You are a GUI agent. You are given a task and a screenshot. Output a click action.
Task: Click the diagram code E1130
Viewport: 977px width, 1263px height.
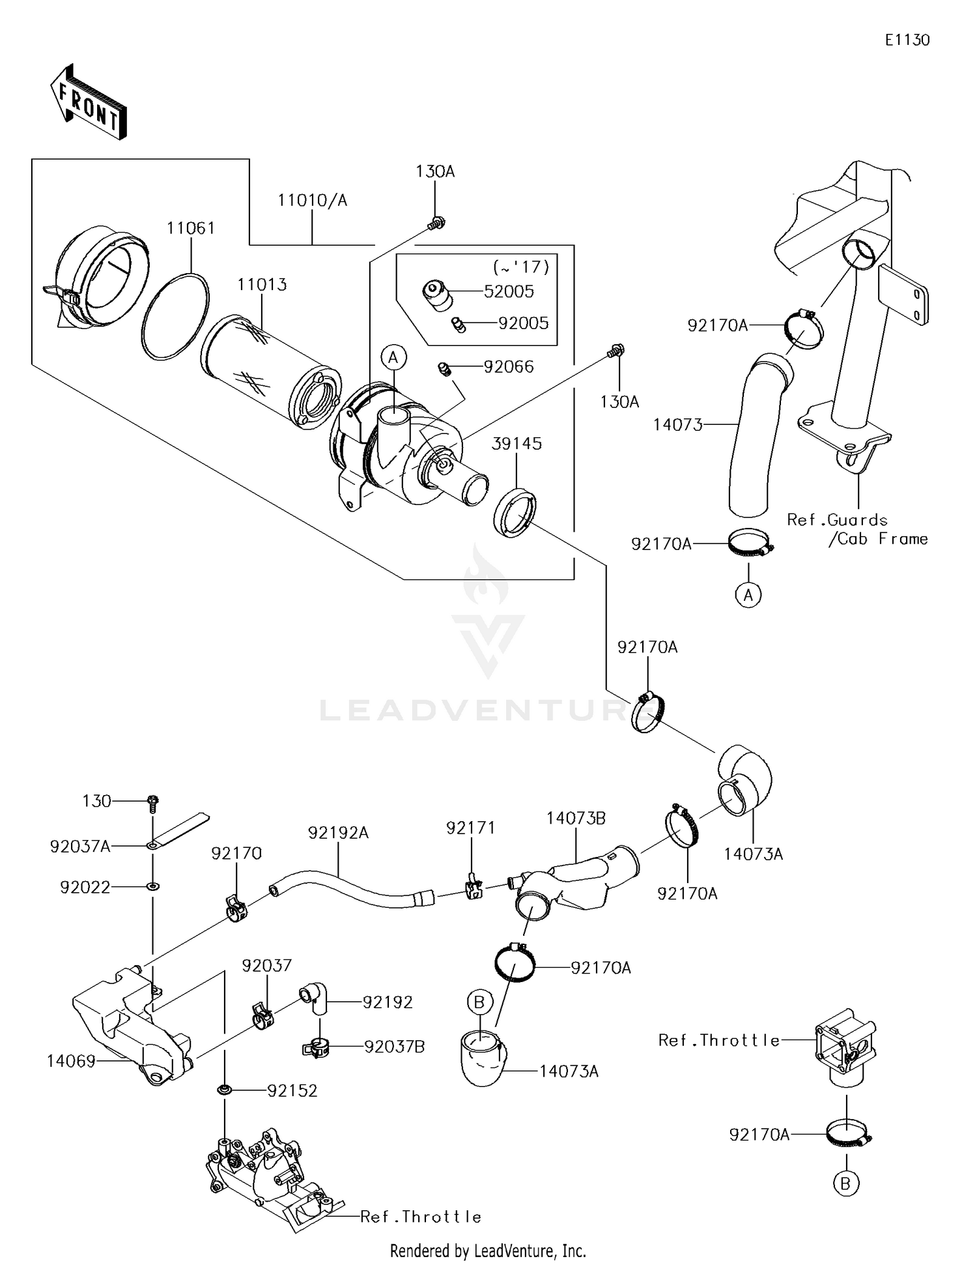pos(907,40)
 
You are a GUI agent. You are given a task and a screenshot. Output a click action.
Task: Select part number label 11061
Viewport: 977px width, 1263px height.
pos(190,228)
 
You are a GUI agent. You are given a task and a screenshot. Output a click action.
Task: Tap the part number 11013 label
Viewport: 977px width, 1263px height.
pos(262,285)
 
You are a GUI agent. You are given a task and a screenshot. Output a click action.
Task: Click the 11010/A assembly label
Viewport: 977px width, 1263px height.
pos(312,200)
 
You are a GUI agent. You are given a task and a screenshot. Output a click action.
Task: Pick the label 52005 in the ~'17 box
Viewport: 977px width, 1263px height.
pos(509,291)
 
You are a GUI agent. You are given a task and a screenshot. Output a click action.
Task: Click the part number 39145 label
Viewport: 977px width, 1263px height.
pos(517,443)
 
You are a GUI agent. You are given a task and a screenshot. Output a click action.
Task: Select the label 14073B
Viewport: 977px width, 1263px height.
pos(576,819)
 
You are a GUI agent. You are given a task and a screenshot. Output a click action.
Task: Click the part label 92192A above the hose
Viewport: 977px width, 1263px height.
pos(338,833)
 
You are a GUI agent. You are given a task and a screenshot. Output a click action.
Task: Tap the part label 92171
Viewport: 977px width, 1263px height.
pos(470,828)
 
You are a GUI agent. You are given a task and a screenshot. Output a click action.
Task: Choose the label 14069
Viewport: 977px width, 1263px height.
pos(71,1061)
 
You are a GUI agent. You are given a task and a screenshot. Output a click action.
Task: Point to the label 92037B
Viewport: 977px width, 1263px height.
pos(394,1047)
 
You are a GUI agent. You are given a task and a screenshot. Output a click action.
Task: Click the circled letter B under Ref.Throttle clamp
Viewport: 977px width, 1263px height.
pos(845,1183)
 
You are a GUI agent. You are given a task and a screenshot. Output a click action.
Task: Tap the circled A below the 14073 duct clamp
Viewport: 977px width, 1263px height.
pos(748,594)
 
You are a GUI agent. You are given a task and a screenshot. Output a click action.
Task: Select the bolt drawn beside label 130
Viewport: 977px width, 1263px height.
pos(153,802)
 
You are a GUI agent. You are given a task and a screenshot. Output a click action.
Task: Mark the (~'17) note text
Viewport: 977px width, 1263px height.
pos(522,267)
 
